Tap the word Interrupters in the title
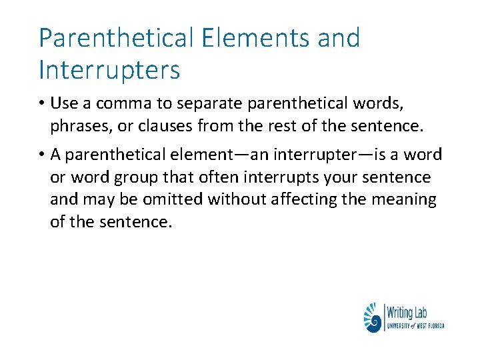tap(109, 69)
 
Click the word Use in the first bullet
tap(65, 104)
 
